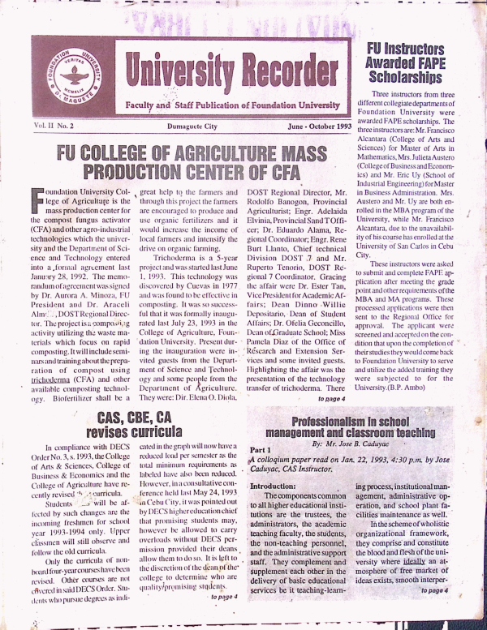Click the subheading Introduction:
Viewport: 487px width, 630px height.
[278, 485]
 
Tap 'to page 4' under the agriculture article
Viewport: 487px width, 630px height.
[331, 399]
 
